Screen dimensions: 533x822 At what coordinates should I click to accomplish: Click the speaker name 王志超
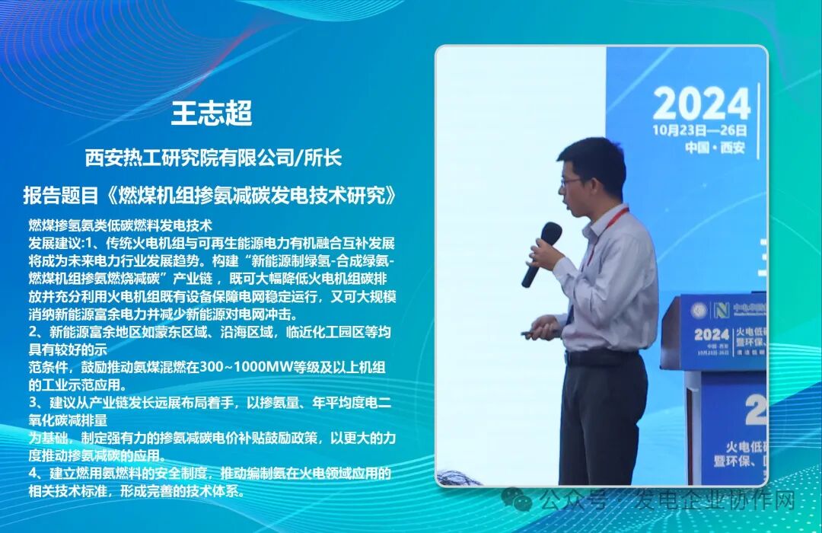tap(212, 113)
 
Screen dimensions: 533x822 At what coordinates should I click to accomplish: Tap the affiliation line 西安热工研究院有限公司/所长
tap(213, 158)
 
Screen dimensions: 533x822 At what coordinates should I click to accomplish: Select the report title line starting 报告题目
tap(210, 195)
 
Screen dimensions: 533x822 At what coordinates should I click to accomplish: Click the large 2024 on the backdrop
tap(701, 104)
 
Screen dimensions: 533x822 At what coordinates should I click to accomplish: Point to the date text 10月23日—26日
tap(701, 129)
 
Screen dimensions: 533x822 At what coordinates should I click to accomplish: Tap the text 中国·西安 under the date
tap(702, 147)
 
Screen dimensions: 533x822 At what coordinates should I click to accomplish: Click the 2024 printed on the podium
tap(712, 335)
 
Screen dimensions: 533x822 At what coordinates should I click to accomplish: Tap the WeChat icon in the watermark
tap(521, 499)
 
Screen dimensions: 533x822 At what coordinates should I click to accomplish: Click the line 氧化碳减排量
tap(68, 420)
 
